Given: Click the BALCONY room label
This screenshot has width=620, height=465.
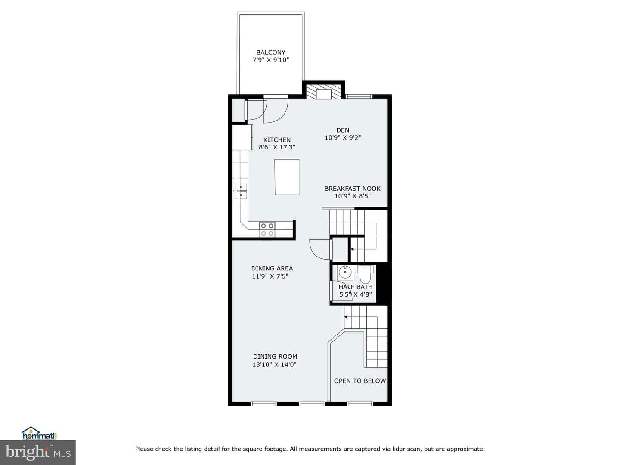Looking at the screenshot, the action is pos(270,52).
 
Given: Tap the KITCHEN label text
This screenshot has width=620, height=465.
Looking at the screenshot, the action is pos(277,140).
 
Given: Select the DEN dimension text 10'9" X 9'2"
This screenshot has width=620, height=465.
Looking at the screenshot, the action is pos(343,138).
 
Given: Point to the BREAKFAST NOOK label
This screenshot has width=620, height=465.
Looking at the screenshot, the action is pos(352,189).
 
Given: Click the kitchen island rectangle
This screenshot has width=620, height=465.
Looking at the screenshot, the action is pos(287,177).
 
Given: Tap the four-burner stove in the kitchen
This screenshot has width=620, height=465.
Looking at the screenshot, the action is pos(267,229).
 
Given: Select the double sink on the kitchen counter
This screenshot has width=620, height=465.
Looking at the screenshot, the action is pos(240,191).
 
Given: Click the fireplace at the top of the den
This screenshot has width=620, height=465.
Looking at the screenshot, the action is pos(324,91).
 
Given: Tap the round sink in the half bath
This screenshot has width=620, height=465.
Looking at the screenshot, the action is pos(345,273).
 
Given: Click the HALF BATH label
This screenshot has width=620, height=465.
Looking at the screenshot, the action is pos(355,287).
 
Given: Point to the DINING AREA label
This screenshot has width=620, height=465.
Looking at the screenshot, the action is pos(272,268).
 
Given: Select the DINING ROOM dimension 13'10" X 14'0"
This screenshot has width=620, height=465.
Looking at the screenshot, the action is pos(275,365).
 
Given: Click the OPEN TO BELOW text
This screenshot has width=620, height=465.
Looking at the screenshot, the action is pos(360,381).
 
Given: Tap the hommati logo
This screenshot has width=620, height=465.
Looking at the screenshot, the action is pos(39,433).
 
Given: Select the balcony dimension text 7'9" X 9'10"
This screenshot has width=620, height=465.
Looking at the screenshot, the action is pos(270,60).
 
